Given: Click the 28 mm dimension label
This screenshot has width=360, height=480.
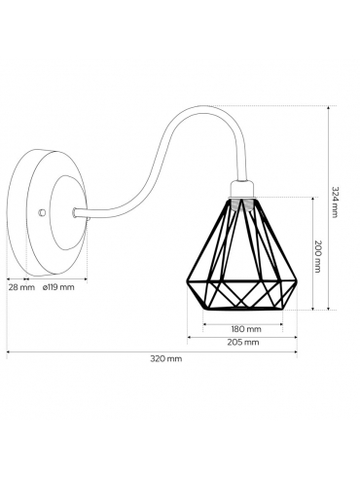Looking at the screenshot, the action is tap(21, 287).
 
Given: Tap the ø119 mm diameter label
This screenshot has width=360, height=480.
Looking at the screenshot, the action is tap(58, 287).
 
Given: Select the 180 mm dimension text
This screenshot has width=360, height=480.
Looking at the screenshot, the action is tap(246, 329).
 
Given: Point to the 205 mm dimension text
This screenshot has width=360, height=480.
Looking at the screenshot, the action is tap(243, 343).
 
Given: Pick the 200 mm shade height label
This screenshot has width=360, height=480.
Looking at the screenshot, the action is tap(318, 256).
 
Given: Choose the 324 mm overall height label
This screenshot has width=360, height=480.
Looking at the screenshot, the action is tap(335, 202).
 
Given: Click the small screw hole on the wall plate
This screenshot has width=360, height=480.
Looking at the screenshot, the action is tap(41, 212).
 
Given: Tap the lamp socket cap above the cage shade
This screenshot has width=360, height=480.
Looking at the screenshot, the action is tap(242, 189).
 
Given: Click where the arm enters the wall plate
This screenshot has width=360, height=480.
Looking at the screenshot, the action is tap(74, 212).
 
